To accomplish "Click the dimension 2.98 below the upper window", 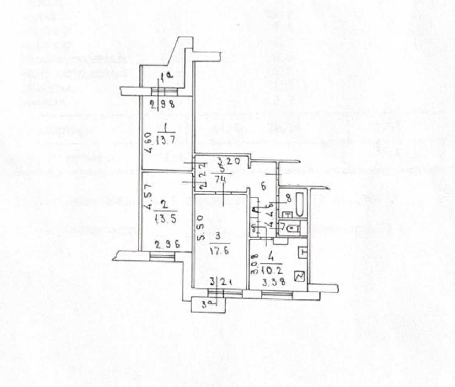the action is click(x=163, y=105).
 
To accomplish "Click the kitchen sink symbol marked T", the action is click(x=302, y=252).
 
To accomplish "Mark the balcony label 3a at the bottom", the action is click(x=206, y=304).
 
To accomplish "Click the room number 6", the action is click(x=263, y=186).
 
